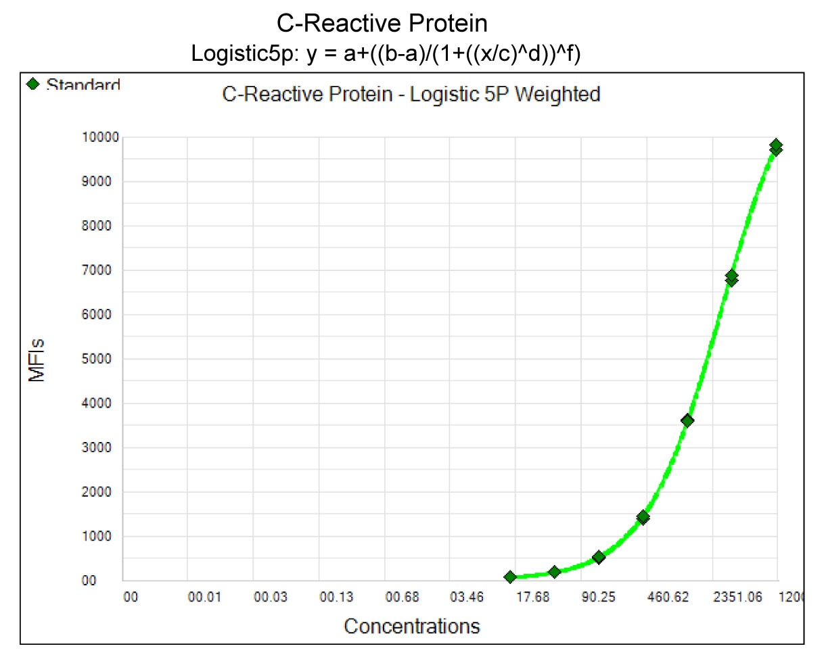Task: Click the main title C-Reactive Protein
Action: point(382,24)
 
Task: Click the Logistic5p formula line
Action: point(386,54)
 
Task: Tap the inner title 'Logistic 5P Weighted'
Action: point(411,95)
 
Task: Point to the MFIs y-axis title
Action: point(38,360)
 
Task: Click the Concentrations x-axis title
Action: point(411,626)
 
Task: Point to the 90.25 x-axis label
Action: point(599,597)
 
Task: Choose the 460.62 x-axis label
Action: point(667,597)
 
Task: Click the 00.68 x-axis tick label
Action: point(402,597)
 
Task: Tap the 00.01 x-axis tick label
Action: point(205,597)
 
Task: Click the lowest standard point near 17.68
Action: point(510,577)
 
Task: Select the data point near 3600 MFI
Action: point(687,420)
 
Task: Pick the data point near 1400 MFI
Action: point(643,518)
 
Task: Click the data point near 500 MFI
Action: point(599,558)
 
